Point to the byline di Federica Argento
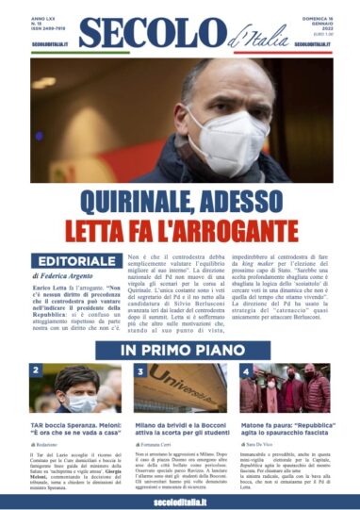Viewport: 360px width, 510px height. [x=71, y=280]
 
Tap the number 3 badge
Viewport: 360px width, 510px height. [x=142, y=370]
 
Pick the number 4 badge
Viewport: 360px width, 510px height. [x=245, y=370]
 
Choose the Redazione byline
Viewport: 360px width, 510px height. [x=52, y=442]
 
